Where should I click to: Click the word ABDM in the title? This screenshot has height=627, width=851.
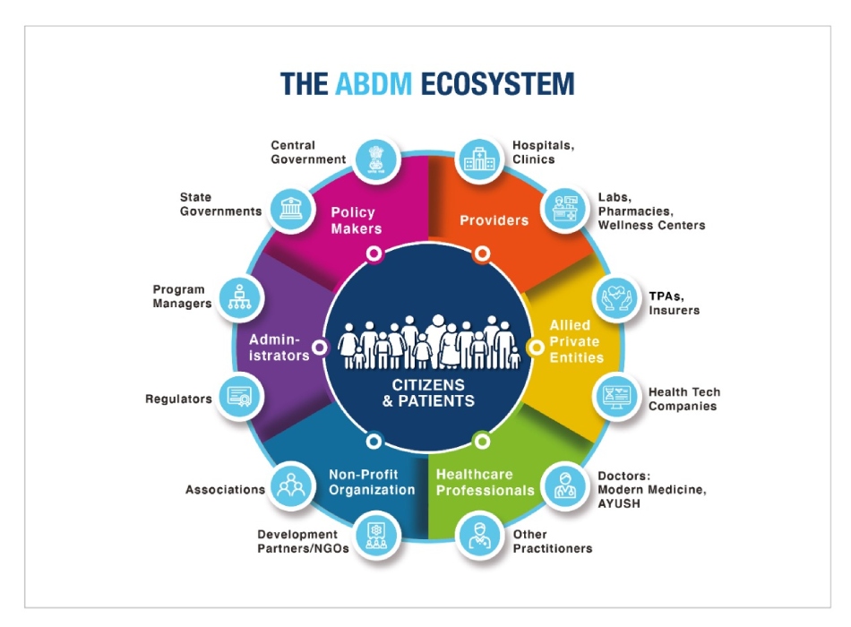[x=374, y=84]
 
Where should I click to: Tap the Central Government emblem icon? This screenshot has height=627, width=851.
[x=376, y=159]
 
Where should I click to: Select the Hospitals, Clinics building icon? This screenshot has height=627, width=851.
[x=479, y=159]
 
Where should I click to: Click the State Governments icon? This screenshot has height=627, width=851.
[x=291, y=210]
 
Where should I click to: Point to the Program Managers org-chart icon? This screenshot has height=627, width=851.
[x=240, y=298]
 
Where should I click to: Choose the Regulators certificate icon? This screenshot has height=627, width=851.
[x=240, y=398]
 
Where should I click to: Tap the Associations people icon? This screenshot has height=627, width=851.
[x=291, y=485]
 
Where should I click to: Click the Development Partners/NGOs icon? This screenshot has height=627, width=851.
[x=376, y=536]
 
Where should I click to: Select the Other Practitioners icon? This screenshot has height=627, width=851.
[x=479, y=536]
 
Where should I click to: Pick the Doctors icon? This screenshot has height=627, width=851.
[x=565, y=485]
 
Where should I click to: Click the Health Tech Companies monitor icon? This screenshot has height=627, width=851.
[x=616, y=398]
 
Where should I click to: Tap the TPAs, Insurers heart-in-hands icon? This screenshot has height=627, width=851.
[x=616, y=298]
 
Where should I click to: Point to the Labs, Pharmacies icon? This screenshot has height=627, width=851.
[x=565, y=210]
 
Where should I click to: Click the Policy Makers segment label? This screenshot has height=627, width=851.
[x=356, y=220]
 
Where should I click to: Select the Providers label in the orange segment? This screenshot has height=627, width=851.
[x=494, y=220]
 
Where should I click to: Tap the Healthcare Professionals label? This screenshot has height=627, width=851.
[x=486, y=482]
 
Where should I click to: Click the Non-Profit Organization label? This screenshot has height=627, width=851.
[x=372, y=482]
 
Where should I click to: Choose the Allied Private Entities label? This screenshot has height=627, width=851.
[x=576, y=341]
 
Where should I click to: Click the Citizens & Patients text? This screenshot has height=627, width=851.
[x=428, y=392]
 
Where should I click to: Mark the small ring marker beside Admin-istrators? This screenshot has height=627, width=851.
[x=320, y=348]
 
